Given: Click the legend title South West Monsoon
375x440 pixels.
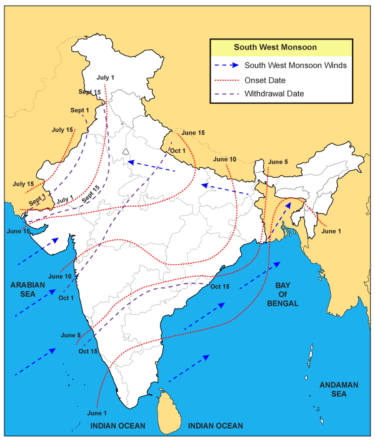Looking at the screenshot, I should point(275,47).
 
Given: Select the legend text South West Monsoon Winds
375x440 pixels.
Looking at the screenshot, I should point(296,65).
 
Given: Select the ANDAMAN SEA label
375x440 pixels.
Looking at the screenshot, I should point(337,389).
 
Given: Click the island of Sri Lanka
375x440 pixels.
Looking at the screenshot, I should point(167,410).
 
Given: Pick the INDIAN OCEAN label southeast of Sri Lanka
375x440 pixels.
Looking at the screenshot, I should point(215,426).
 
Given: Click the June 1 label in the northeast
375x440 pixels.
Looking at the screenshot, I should point(332,232).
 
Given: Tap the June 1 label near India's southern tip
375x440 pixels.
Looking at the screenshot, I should point(97,413).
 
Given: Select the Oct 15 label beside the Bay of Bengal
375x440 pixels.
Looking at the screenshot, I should point(220,287).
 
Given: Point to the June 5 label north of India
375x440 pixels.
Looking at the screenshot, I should point(277,162).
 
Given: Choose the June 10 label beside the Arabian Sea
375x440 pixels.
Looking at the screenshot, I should point(60,276).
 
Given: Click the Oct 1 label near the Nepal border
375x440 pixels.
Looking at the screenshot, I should point(178,151).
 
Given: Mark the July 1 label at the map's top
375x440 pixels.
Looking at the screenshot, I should point(106,78).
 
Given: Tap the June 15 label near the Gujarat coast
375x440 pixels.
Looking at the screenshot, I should point(19,231).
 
